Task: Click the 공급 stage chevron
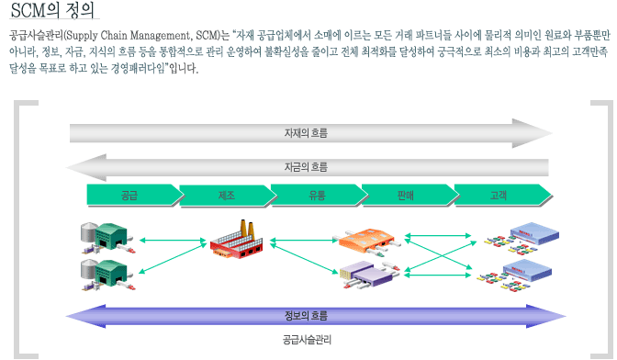[129, 195]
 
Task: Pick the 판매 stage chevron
[405, 195]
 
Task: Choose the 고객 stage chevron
[499, 195]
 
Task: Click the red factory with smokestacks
[241, 240]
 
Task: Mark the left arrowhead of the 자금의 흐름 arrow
[77, 167]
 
